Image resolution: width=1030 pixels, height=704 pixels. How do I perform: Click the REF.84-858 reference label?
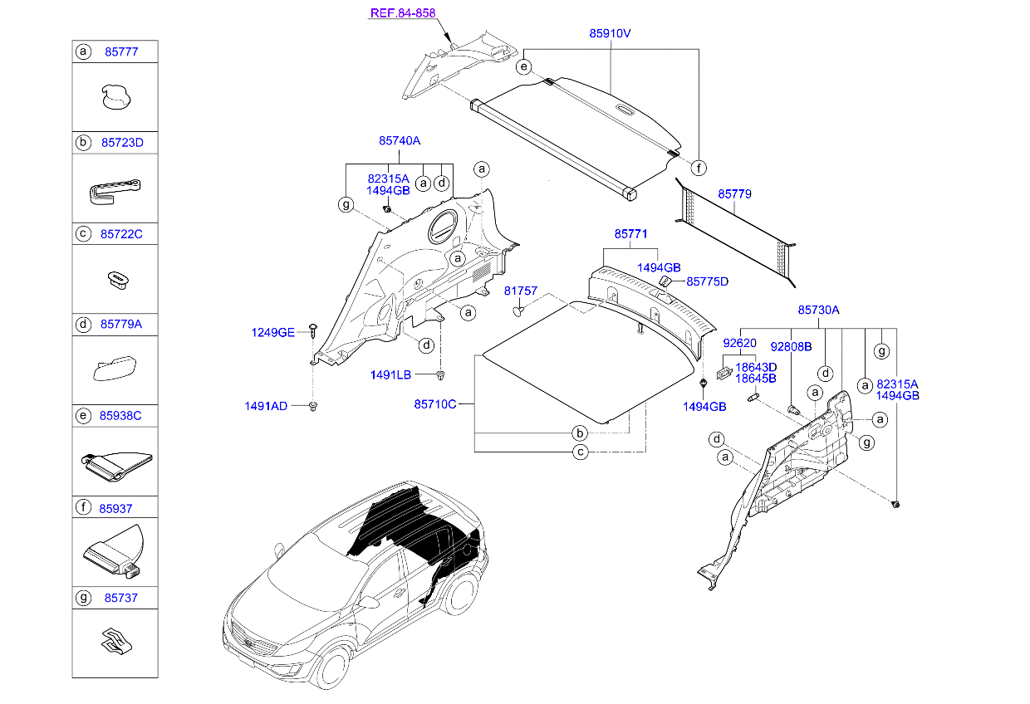pyautogui.click(x=402, y=13)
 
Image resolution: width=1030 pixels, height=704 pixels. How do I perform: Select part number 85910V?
pyautogui.click(x=611, y=34)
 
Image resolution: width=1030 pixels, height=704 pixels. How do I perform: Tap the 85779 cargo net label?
pyautogui.click(x=734, y=193)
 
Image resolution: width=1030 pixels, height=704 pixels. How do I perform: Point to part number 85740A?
pyautogui.click(x=400, y=142)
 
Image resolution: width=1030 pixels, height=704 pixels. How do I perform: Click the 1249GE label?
pyautogui.click(x=273, y=332)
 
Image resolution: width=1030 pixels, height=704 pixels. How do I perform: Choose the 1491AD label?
pyautogui.click(x=266, y=406)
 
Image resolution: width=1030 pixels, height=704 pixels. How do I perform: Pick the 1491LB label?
pyautogui.click(x=390, y=374)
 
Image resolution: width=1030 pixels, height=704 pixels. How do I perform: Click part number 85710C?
pyautogui.click(x=435, y=404)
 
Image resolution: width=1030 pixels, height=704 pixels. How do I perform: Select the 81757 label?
pyautogui.click(x=521, y=291)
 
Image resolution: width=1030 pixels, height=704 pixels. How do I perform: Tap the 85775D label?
pyautogui.click(x=707, y=281)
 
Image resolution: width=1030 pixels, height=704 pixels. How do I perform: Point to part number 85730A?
pyautogui.click(x=819, y=310)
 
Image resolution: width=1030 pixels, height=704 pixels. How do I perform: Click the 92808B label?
pyautogui.click(x=791, y=345)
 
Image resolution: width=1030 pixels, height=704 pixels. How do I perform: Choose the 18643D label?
pyautogui.click(x=755, y=366)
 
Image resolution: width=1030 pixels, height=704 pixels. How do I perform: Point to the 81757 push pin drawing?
pyautogui.click(x=518, y=311)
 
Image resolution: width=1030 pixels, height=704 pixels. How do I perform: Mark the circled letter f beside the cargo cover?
pyautogui.click(x=699, y=169)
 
